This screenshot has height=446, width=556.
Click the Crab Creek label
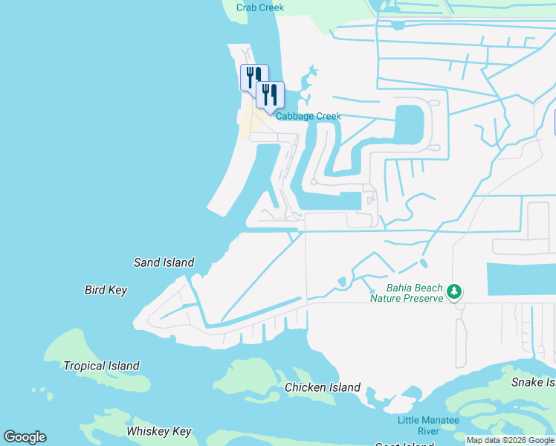[x=260, y=8]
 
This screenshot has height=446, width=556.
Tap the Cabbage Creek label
[x=308, y=116]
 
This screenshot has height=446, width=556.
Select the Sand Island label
[x=164, y=262]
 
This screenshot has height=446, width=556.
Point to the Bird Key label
[x=106, y=290]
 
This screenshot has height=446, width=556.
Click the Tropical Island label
[x=101, y=366]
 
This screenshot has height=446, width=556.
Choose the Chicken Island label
[x=323, y=387]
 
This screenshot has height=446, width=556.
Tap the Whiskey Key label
[x=159, y=431]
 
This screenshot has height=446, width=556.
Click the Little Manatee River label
[x=428, y=425]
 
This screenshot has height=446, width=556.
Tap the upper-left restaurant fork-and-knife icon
[x=251, y=76]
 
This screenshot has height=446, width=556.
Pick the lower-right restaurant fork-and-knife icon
[x=269, y=94]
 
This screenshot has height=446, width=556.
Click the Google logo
[x=25, y=437]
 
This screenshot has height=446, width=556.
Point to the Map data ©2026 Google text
[x=511, y=440]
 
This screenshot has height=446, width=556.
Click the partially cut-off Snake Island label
[x=533, y=382]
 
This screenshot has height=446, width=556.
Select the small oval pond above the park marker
[x=424, y=263]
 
